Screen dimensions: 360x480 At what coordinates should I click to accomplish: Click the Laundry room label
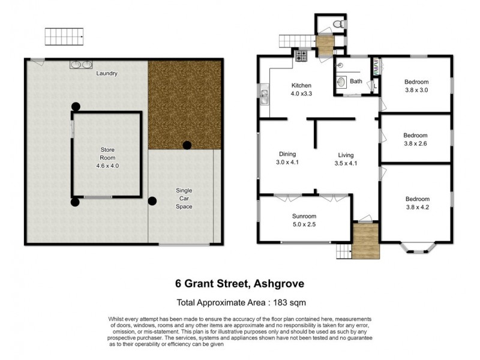pyautogui.click(x=107, y=74)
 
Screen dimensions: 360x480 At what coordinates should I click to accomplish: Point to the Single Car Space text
pyautogui.click(x=184, y=199)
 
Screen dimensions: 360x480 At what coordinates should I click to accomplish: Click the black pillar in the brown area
pyautogui.click(x=187, y=145)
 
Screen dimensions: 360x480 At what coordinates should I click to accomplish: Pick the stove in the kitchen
pyautogui.click(x=301, y=57)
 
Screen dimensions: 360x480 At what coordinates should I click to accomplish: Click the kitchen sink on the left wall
pyautogui.click(x=264, y=93)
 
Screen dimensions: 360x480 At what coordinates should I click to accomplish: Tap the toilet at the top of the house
pyautogui.click(x=338, y=24)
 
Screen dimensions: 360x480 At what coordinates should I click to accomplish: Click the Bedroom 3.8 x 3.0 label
pyautogui.click(x=416, y=86)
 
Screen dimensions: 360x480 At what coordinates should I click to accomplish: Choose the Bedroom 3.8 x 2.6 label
pyautogui.click(x=416, y=139)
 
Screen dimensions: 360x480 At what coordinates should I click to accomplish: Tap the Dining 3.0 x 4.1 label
pyautogui.click(x=287, y=158)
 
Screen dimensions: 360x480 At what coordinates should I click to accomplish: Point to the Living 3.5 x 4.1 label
pyautogui.click(x=346, y=158)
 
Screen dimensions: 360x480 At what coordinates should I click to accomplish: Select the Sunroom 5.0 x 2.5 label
pyautogui.click(x=304, y=220)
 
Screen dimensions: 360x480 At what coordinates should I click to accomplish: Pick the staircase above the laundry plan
pyautogui.click(x=64, y=37)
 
